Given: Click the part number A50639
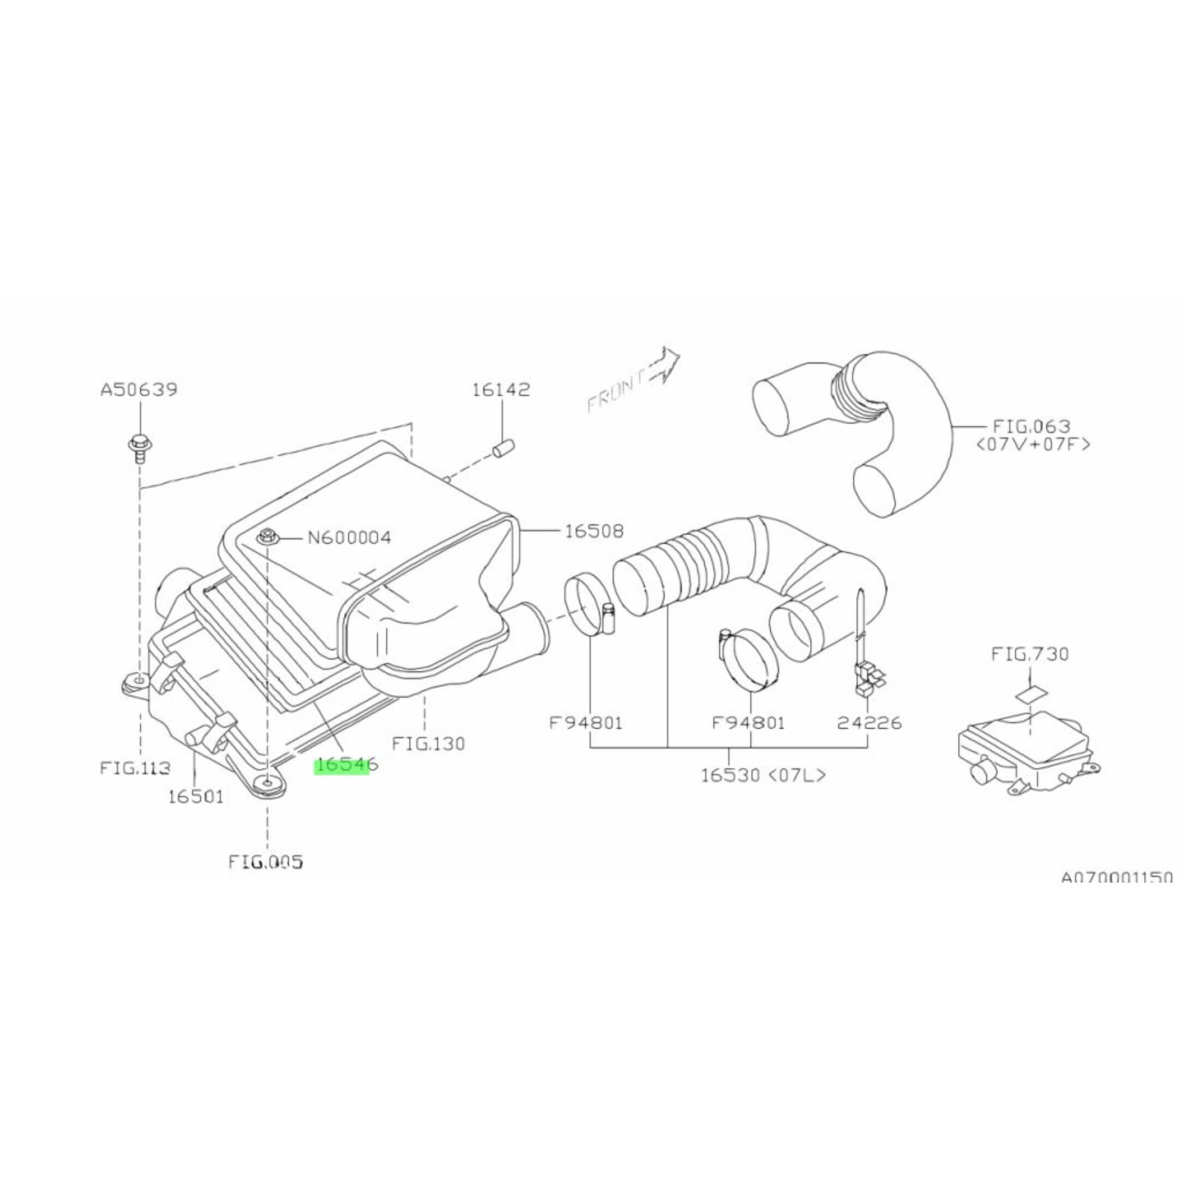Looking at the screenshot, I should click(139, 389).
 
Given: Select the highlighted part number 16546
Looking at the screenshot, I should click(346, 764).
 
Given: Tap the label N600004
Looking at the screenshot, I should click(349, 538).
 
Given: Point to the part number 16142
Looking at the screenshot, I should click(501, 389).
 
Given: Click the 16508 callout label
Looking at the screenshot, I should click(594, 532).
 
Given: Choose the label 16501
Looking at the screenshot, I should click(196, 796).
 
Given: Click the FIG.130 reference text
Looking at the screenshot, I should click(428, 744).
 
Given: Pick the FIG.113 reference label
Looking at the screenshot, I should click(135, 767).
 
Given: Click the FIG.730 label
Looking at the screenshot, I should click(1029, 654).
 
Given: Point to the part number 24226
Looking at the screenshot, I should click(869, 723).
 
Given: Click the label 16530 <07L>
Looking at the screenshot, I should click(763, 776).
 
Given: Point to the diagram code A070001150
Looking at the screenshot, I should click(1116, 878).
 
